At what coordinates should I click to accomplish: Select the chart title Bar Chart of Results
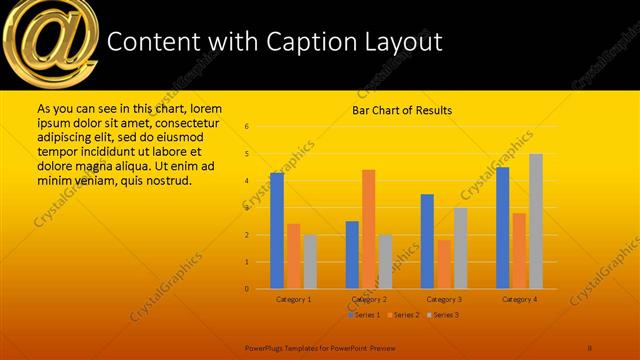pos(401,110)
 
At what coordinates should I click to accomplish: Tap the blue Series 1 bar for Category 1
pos(277,230)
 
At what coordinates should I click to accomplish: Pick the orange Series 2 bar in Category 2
pos(368,229)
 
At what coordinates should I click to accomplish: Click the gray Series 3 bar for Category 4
pos(536,221)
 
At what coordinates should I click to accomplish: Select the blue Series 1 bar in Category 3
pos(428,241)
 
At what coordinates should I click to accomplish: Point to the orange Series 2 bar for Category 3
pos(444,264)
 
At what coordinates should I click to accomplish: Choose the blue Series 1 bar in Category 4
pos(503,228)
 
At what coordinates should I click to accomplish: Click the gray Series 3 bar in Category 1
pos(310,262)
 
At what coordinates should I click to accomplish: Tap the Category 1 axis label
pos(294,299)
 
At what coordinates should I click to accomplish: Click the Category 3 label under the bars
pos(444,299)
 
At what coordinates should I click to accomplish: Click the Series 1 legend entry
pos(364,315)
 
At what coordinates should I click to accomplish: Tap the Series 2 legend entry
pos(403,315)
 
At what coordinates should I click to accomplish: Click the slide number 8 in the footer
pos(590,347)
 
